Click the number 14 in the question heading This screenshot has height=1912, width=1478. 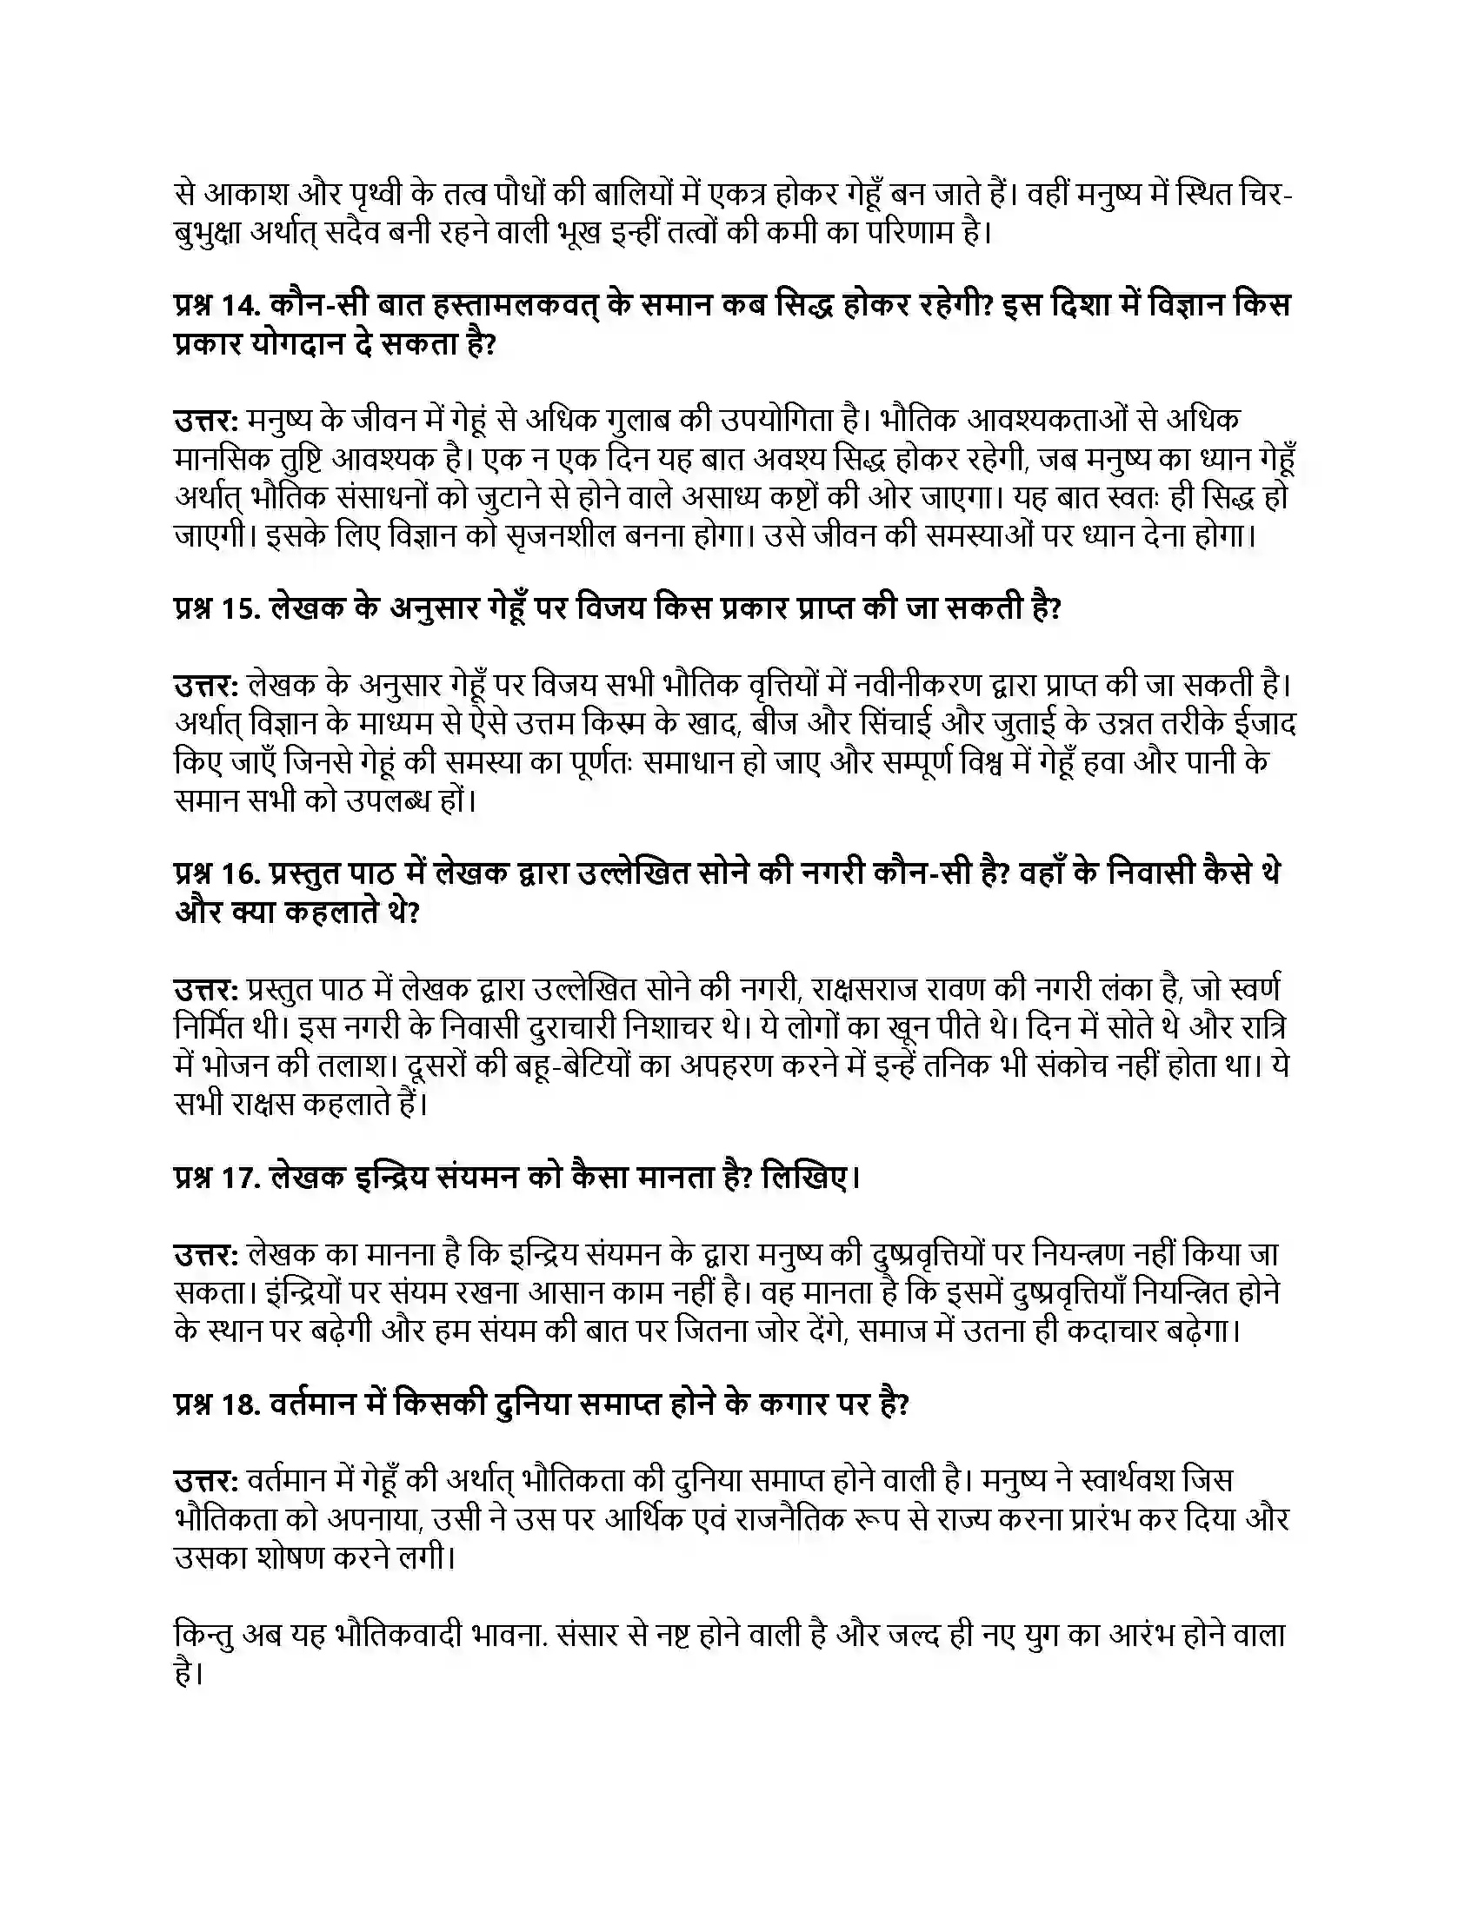pos(236,306)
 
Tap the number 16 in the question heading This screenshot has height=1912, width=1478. pos(236,873)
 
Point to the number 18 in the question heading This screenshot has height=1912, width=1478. pos(236,1404)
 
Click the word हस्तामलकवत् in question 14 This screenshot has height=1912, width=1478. pos(513,306)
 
